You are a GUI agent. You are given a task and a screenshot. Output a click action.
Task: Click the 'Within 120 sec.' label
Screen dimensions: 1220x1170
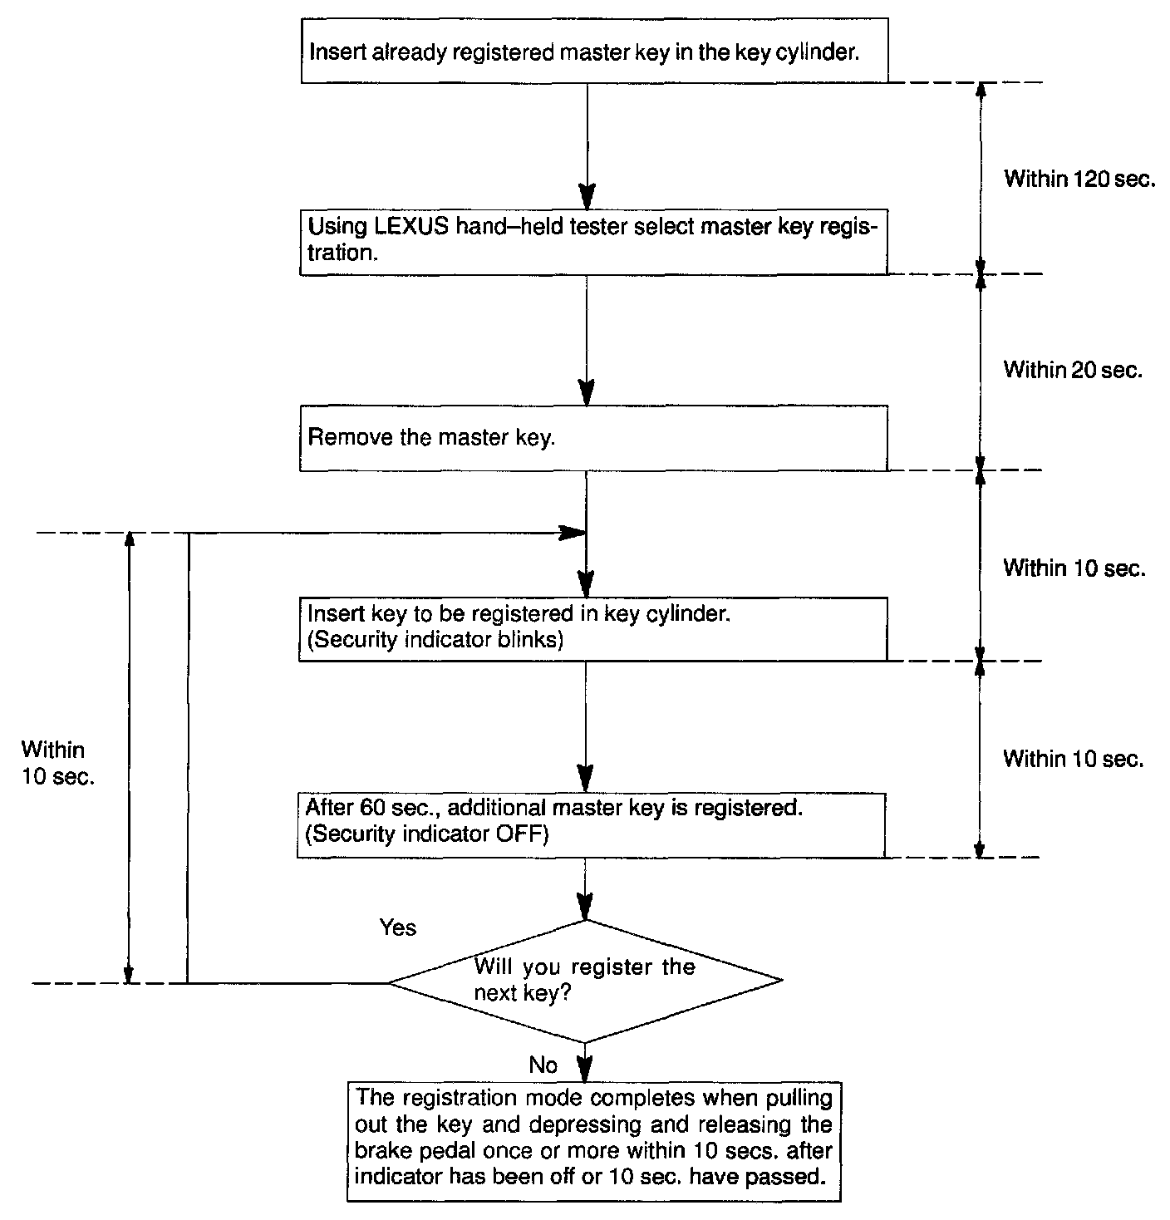(x=1079, y=179)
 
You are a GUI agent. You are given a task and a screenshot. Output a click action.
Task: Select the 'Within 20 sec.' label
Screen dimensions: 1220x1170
(x=1073, y=369)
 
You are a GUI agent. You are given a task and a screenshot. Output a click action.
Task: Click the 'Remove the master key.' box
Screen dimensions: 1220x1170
(x=593, y=438)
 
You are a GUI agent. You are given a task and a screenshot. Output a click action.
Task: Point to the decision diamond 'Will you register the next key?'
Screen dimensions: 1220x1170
(x=586, y=981)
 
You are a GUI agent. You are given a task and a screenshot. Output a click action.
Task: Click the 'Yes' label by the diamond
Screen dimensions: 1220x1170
(x=397, y=927)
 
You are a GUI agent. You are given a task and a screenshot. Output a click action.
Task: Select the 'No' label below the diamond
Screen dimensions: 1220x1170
(x=543, y=1065)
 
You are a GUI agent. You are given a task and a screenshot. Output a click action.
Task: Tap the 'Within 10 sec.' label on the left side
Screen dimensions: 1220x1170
(x=54, y=763)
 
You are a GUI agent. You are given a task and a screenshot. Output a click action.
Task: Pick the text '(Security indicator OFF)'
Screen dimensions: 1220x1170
(x=427, y=834)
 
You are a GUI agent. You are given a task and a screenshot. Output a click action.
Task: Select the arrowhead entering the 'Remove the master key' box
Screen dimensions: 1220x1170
(x=587, y=393)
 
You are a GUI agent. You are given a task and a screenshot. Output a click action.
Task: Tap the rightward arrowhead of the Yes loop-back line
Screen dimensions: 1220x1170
(x=573, y=533)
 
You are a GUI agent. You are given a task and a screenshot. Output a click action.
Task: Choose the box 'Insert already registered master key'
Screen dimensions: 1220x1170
(x=593, y=51)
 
